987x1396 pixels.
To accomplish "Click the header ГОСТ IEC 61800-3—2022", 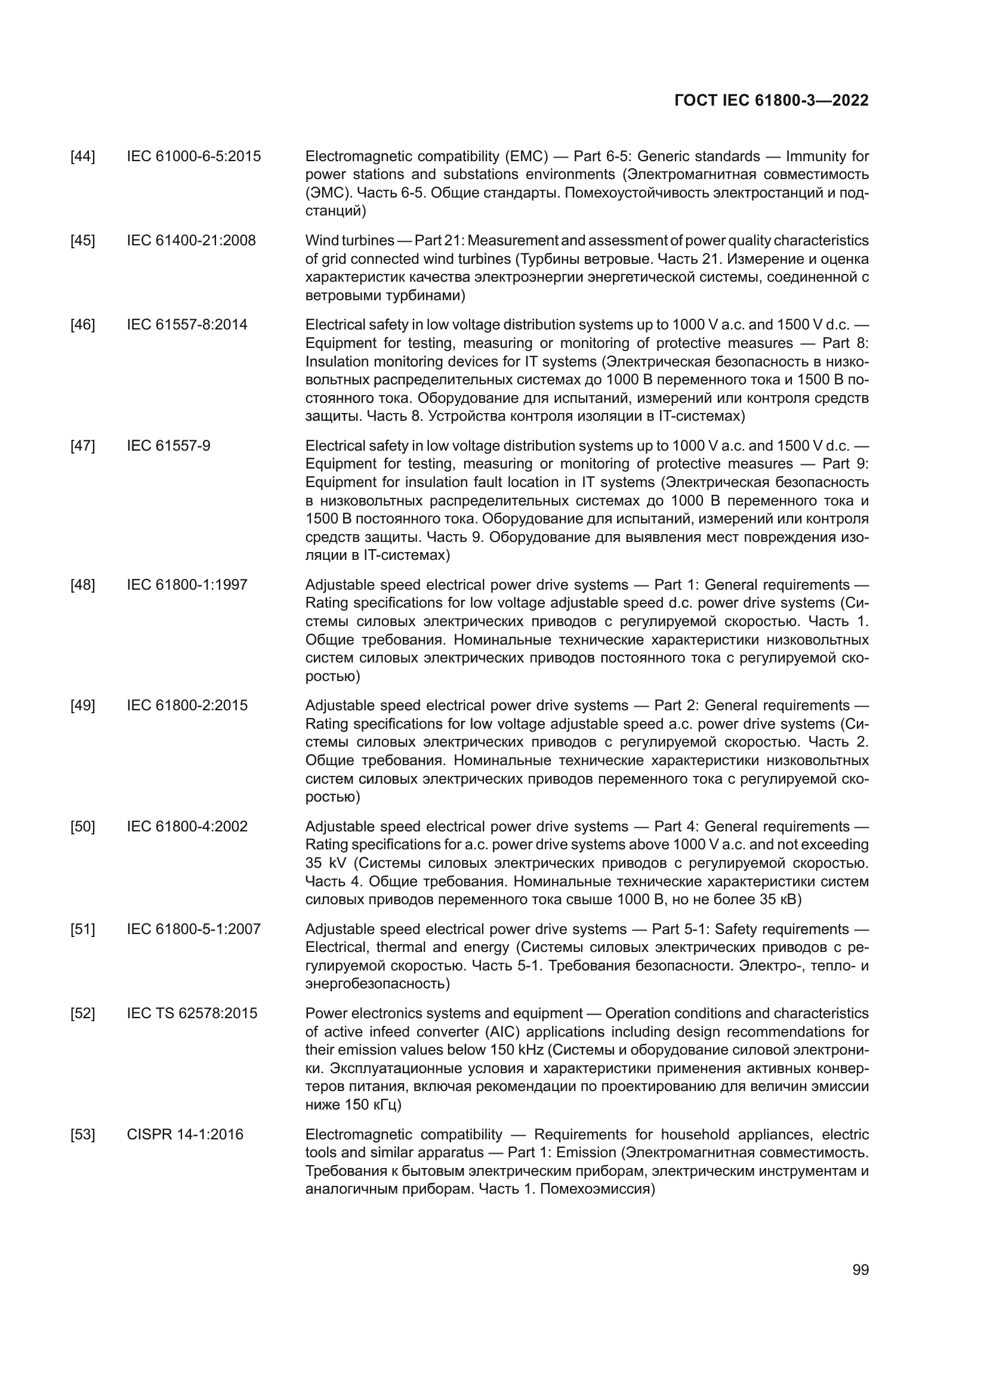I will [771, 100].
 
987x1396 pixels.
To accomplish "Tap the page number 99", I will [860, 1270].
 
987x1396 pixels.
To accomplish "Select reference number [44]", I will [83, 157].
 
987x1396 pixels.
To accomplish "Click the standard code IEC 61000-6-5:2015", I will [194, 157].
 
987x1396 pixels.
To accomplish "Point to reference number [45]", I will [83, 241].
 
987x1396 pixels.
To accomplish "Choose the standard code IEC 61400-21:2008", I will [192, 241].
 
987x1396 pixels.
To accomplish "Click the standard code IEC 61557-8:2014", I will [187, 325].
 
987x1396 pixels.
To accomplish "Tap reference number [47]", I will [83, 446].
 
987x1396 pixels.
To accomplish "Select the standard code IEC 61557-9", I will [168, 446].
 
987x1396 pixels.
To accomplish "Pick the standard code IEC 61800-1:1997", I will [187, 585].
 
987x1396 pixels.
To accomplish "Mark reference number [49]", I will [83, 705].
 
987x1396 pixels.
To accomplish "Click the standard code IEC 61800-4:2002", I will [187, 826].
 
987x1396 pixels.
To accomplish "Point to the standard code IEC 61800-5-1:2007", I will [194, 929].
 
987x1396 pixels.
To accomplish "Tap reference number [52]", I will [83, 1013].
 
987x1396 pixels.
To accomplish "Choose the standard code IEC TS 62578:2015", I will [192, 1013].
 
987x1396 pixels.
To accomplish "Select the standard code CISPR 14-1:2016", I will [185, 1135].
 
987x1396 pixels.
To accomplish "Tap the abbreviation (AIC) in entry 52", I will [502, 1033].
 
